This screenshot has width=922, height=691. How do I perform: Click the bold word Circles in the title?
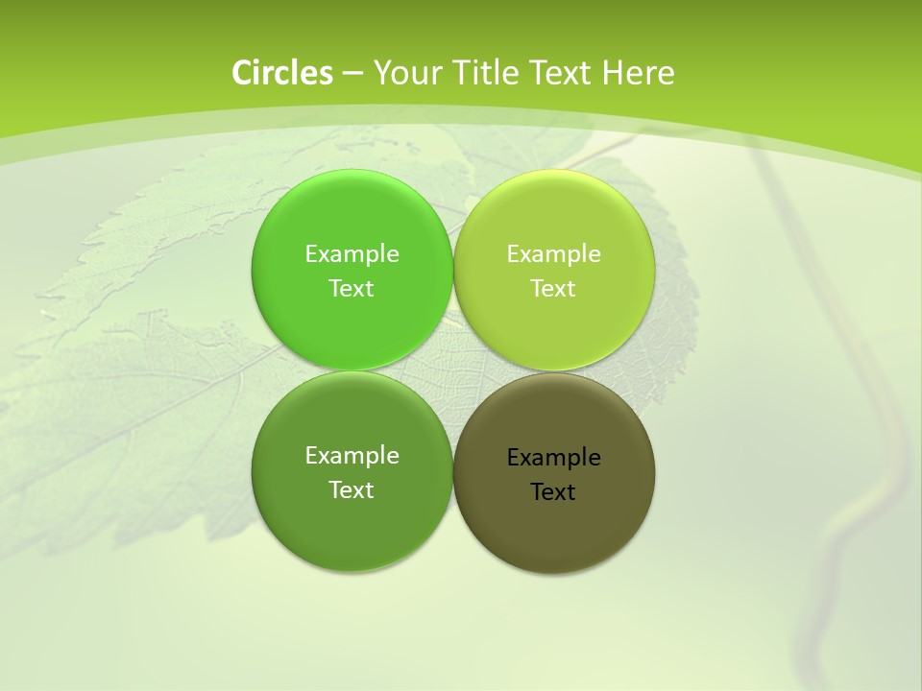[x=281, y=73]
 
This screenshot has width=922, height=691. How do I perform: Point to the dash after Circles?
[x=352, y=73]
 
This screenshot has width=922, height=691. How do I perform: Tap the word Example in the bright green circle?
[x=352, y=253]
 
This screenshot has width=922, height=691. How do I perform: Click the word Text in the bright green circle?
[x=352, y=288]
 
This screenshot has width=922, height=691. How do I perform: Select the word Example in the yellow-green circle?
[x=554, y=253]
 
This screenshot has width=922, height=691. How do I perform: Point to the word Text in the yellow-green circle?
[x=554, y=288]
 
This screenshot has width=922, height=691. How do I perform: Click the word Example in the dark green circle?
[x=352, y=455]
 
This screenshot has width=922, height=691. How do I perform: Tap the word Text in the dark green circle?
[x=352, y=489]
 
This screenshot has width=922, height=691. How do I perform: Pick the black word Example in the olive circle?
[x=554, y=457]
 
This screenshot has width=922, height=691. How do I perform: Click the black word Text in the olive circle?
[x=554, y=491]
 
